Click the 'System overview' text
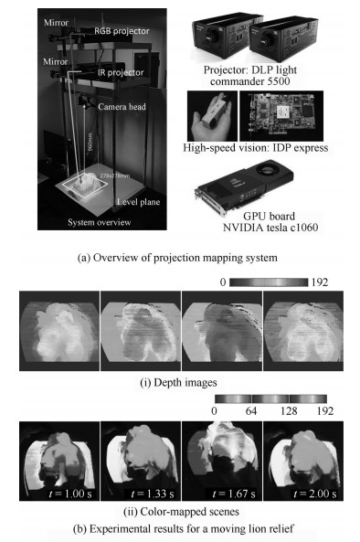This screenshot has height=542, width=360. (x=90, y=221)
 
